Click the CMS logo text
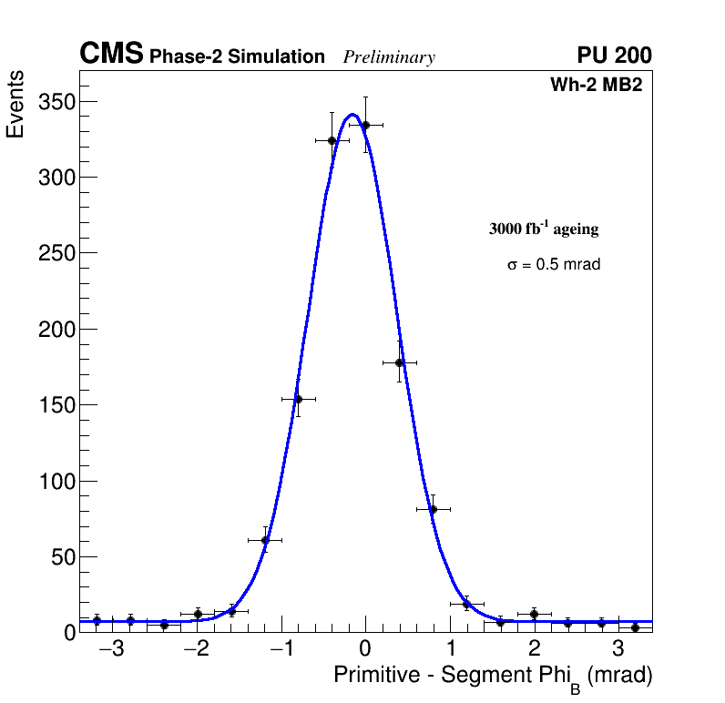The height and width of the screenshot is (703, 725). (111, 55)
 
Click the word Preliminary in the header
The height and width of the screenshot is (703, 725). (389, 57)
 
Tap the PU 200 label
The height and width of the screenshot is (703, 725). (614, 56)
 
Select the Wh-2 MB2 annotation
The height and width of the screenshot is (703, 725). (597, 86)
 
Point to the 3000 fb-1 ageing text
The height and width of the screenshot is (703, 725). (544, 229)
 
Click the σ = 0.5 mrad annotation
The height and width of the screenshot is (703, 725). (554, 265)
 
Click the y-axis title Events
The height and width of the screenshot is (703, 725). (15, 106)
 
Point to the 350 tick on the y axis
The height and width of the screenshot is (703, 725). (56, 101)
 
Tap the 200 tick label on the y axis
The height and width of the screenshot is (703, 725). (56, 329)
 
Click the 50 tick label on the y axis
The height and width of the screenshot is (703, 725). (61, 556)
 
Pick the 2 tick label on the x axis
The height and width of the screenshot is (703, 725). (534, 650)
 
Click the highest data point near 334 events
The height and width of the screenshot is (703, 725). (365, 125)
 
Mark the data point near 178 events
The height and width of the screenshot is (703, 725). (399, 362)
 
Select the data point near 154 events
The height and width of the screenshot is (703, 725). (298, 399)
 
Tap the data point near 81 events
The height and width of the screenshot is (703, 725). (433, 509)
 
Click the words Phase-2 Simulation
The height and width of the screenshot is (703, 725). (237, 57)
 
